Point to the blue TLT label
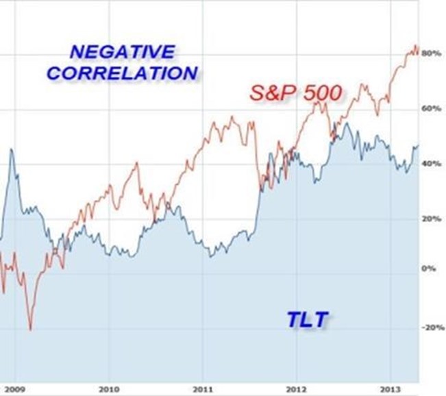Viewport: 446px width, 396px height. click(306, 318)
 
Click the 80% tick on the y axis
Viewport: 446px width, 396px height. click(430, 53)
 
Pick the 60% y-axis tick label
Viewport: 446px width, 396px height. click(430, 109)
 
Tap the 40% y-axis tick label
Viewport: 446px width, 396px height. click(430, 164)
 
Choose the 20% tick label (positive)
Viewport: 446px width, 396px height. click(430, 219)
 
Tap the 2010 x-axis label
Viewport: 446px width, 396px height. click(110, 388)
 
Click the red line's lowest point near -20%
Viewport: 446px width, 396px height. click(30, 330)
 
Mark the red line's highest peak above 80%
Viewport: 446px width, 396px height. click(414, 47)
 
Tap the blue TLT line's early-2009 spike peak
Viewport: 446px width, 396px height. click(11, 149)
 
